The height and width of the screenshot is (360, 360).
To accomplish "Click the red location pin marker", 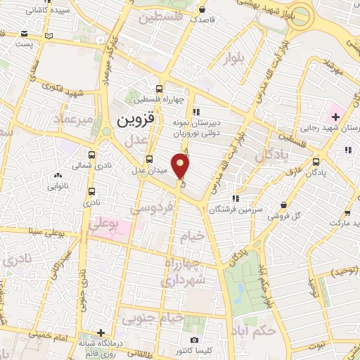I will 181,165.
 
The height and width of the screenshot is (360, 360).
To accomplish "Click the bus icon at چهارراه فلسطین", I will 160,89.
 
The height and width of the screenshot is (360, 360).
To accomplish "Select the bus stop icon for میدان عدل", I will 148,159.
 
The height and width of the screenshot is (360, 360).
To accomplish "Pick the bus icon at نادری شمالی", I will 91,155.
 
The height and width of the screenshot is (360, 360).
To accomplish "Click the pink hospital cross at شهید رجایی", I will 335,115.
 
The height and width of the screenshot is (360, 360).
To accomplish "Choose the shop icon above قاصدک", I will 202,10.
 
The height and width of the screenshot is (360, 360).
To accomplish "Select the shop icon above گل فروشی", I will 283,205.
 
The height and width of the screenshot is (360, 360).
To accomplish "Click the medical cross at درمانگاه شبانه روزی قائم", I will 101,333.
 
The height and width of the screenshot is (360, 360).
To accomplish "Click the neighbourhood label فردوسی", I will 153,210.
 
